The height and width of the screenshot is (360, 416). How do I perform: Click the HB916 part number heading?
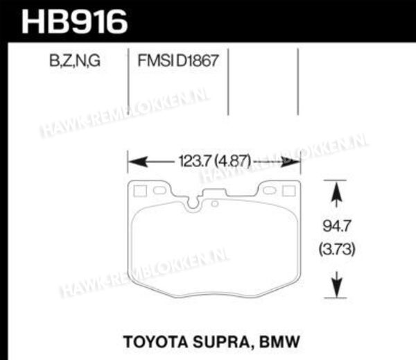75,22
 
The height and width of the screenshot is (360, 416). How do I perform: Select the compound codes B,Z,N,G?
75,61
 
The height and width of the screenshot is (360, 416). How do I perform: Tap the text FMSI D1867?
178,60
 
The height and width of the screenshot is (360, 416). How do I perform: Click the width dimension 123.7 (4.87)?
215,161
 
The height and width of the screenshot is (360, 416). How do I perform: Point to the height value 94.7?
337,226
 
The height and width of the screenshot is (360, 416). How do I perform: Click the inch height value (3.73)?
337,249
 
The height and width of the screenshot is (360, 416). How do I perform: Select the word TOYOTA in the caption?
155,342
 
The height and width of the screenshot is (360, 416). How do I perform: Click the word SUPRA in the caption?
223,342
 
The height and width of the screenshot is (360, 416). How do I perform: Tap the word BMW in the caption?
279,342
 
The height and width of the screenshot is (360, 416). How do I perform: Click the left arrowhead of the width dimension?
138,162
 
